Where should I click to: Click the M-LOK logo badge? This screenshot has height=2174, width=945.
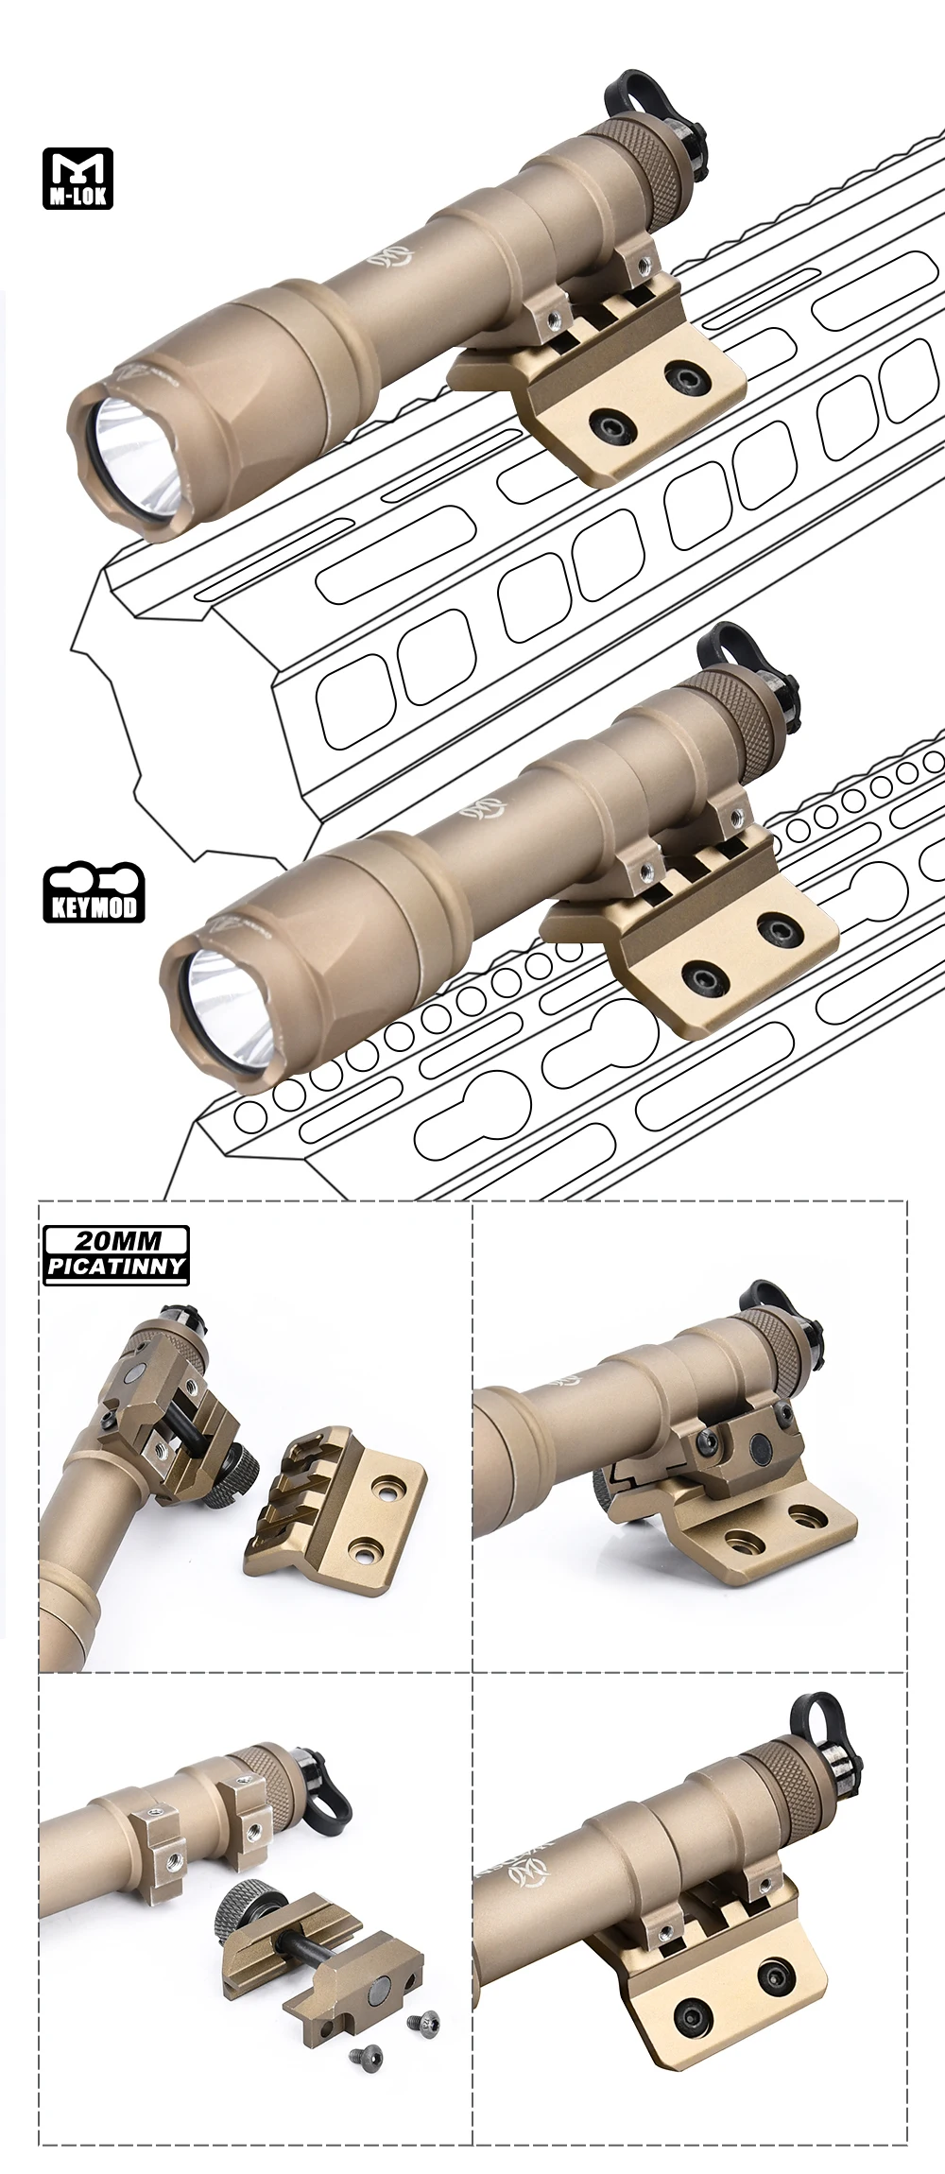(x=77, y=178)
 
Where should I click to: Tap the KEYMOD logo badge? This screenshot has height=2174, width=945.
(x=94, y=892)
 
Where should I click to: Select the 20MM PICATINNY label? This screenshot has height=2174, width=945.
(x=116, y=1254)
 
